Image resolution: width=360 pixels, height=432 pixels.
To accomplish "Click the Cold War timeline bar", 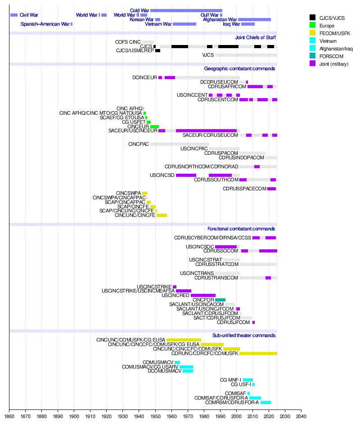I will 186,10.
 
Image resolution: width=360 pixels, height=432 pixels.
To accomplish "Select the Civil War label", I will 29,15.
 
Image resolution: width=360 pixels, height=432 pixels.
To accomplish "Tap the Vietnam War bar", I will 184,24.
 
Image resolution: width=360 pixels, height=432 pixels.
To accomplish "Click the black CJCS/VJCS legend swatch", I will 313,18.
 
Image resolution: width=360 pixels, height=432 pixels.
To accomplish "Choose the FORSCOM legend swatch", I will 313,56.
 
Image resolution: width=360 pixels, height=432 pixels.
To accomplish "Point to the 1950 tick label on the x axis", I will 155,416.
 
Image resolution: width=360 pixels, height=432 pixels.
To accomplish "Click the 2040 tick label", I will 301,416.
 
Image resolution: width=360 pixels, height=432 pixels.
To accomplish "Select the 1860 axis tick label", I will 9,416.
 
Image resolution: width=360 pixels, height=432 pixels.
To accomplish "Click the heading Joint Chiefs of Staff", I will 255,37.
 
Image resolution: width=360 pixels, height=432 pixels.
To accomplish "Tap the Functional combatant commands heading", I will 241,229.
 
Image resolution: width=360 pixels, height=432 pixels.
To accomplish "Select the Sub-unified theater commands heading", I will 244,335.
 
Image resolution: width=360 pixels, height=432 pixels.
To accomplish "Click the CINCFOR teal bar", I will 220,300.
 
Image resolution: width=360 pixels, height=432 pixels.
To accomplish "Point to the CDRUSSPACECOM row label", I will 244,189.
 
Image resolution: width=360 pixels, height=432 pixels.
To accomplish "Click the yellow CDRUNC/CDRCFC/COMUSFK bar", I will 258,354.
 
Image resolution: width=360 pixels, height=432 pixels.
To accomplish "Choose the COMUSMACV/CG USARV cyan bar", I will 186,367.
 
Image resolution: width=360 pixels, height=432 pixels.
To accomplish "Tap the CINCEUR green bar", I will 154,127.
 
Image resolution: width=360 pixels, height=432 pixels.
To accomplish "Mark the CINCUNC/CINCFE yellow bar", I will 162,216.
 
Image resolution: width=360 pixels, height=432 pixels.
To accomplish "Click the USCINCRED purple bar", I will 203,295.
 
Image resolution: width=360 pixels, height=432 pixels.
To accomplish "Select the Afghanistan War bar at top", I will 254,19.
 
